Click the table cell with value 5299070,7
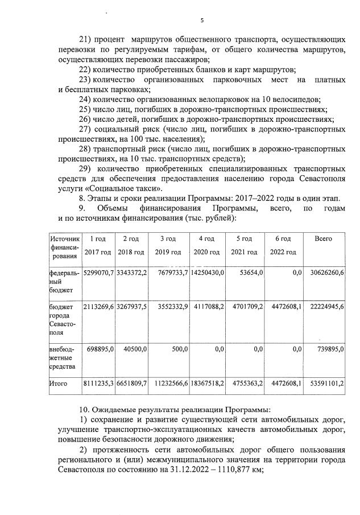point(98,273)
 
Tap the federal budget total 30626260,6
point(327,273)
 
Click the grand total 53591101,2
point(327,384)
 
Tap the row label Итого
point(59,384)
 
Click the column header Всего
point(323,238)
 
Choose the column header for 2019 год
point(169,245)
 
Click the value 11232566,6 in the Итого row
point(169,384)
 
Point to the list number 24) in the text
point(85,99)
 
